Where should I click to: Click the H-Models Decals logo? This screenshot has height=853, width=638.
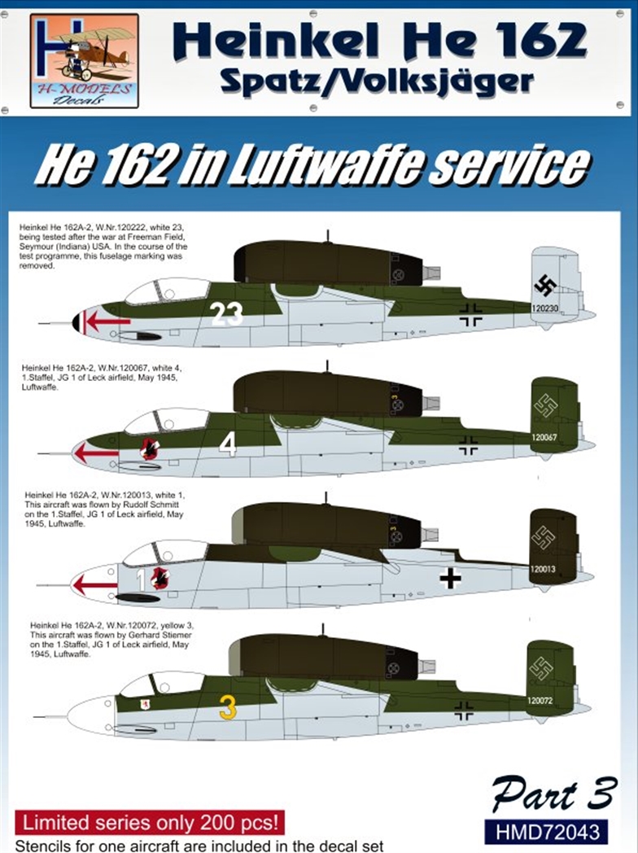85,60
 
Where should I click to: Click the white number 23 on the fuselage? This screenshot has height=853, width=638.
226,313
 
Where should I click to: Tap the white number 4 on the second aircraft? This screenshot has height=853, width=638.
228,444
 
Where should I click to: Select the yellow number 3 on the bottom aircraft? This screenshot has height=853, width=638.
228,707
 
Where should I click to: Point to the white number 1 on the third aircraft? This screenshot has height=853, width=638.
140,579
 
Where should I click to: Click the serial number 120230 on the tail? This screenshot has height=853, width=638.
544,309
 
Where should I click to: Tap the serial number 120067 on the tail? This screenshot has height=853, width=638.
544,437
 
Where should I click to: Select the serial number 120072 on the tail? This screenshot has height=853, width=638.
540,700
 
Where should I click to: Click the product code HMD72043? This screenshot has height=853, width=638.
545,832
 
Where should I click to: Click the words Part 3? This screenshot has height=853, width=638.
553,794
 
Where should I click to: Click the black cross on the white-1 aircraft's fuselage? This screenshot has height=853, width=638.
450,578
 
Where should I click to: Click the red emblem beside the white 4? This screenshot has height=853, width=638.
149,447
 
